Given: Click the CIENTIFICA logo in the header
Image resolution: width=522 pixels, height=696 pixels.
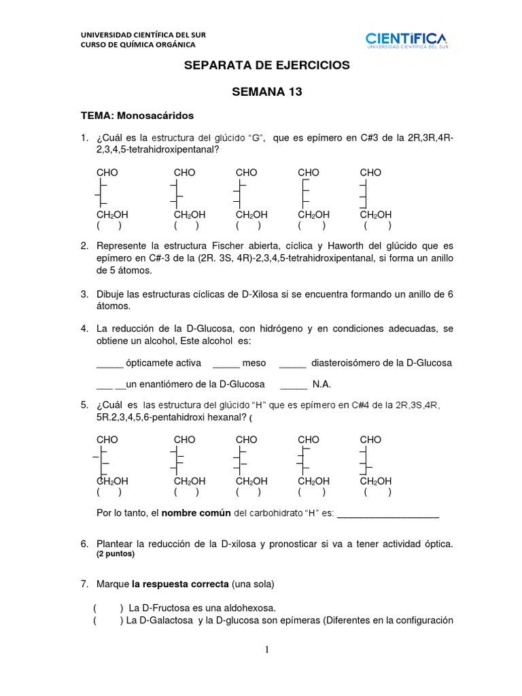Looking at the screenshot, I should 406,41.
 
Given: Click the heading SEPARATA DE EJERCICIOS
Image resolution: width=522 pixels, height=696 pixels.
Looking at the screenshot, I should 267,65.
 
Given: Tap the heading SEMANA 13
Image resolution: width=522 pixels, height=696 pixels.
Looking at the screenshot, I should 267,92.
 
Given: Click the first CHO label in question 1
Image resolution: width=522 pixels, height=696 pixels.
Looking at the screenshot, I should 107,173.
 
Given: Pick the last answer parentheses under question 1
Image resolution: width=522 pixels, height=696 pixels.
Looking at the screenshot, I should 377,226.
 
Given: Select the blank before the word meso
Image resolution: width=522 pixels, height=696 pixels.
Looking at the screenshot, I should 227,363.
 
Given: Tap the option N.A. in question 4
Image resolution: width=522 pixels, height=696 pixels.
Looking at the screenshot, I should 321,384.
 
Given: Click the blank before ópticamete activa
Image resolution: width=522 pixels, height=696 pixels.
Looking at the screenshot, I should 109,363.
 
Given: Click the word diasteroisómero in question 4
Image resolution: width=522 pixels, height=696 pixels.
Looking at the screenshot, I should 345,363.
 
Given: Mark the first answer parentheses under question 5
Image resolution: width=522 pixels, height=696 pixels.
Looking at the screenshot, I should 109,493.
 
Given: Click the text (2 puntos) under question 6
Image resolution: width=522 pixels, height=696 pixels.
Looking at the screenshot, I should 116,554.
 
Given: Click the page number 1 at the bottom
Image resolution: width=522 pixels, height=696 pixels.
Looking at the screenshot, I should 268,650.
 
